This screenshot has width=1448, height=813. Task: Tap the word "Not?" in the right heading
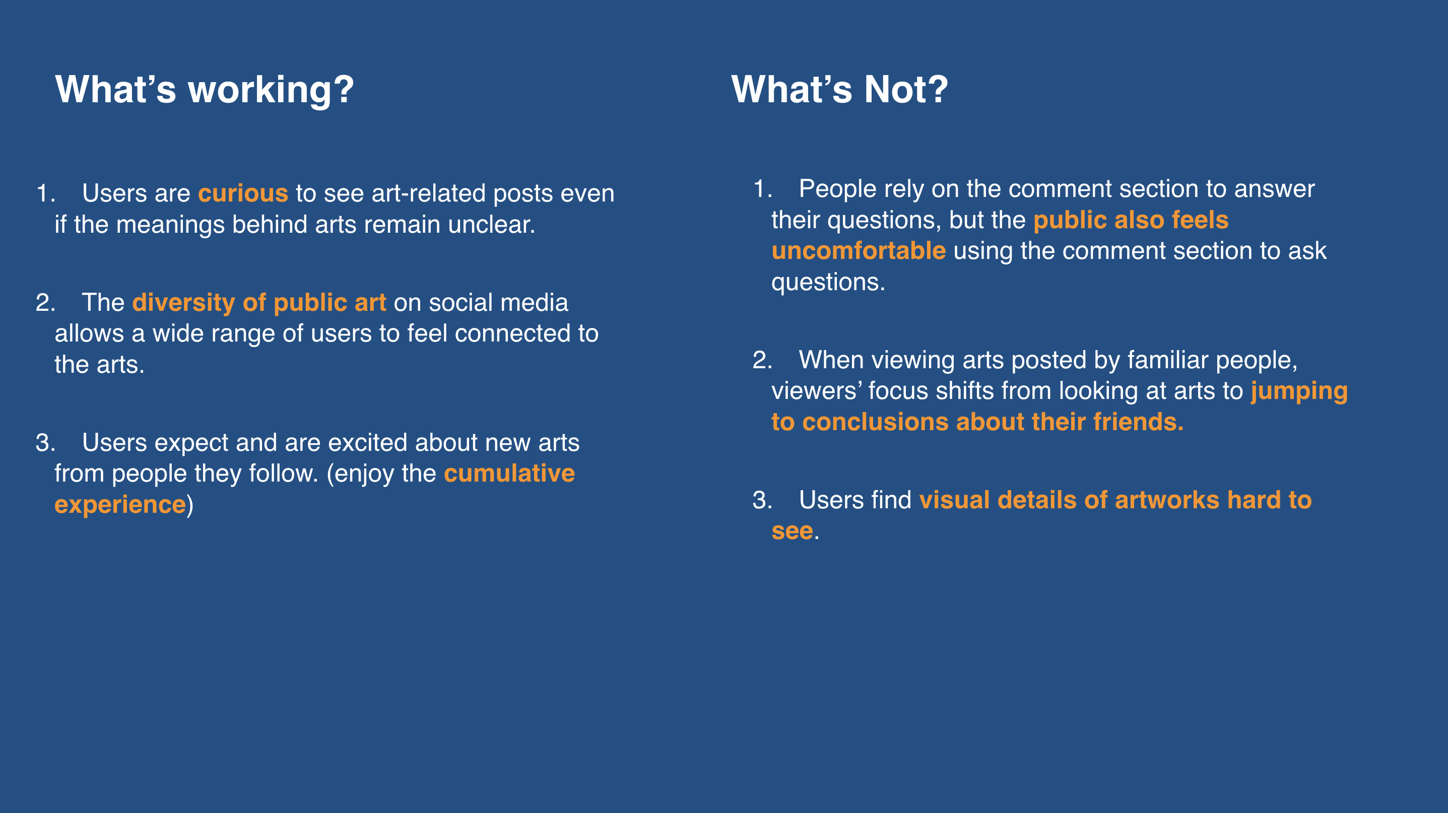(905, 89)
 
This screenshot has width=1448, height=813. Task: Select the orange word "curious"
(243, 193)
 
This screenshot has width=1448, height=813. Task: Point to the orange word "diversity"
(183, 303)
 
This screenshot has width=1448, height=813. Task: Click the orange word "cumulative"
(509, 473)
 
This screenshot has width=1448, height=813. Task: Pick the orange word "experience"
(120, 505)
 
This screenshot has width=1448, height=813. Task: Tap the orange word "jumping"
(1299, 391)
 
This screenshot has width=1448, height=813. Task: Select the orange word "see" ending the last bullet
(792, 531)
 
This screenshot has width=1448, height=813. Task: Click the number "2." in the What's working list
(45, 303)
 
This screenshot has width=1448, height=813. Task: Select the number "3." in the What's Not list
(763, 500)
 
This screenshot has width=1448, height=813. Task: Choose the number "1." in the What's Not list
(763, 189)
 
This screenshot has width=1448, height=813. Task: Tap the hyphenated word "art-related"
(428, 193)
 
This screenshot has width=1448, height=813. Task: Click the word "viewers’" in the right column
(816, 391)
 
